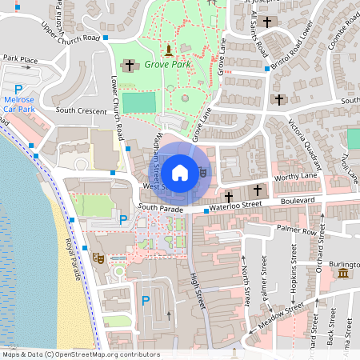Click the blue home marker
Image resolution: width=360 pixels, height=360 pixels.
tap(180, 172)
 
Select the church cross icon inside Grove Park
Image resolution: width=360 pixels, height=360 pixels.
tap(129, 65)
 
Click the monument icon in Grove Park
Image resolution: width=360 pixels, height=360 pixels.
tap(167, 49)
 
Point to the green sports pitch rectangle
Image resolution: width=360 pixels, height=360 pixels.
tap(140, 102)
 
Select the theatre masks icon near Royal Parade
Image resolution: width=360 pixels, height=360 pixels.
tap(98, 258)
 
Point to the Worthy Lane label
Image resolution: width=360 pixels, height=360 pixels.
tap(296, 176)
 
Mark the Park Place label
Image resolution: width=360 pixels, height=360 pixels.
tap(20, 58)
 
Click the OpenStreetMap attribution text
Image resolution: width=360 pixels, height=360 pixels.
tap(81, 354)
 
